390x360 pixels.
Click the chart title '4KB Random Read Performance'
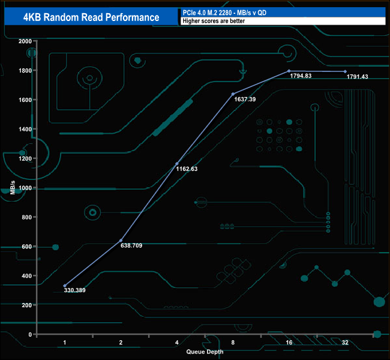pos(91,17)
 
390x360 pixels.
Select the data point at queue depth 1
pos(64,286)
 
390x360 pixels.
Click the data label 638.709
pos(131,245)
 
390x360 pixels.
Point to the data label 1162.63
pos(187,169)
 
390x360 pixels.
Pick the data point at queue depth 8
pos(233,94)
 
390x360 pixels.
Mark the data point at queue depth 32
pos(345,71)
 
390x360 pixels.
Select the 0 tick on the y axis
pos(29,335)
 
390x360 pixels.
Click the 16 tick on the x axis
pos(289,343)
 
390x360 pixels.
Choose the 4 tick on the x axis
pos(176,343)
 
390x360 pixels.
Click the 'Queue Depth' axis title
pos(204,352)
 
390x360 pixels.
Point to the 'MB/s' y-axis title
pos(12,188)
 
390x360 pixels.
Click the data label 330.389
pos(75,290)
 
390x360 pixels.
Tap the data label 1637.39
pos(244,99)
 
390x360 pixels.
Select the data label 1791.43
pos(358,76)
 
